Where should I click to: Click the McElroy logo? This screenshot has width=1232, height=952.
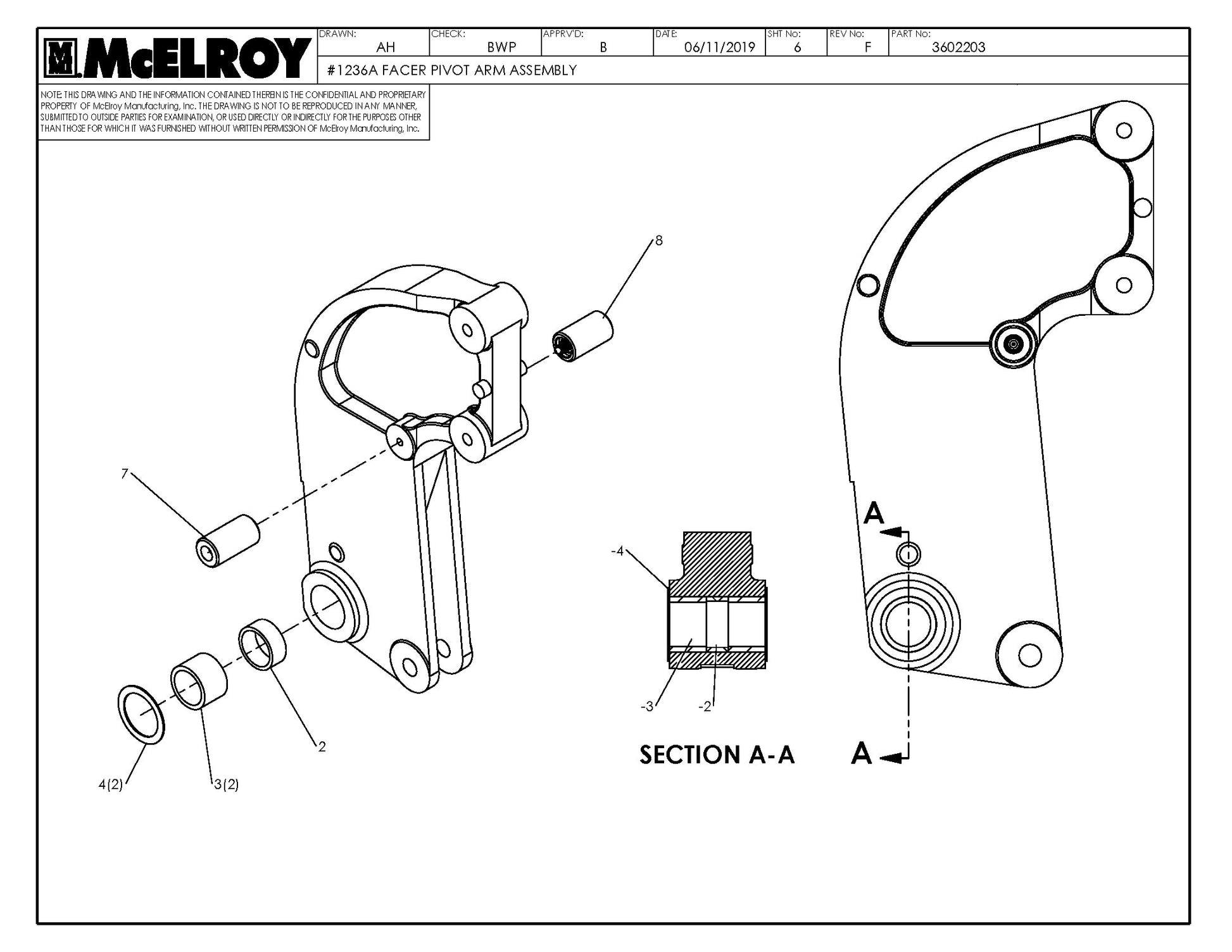(x=177, y=58)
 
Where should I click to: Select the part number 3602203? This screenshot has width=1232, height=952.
(x=958, y=47)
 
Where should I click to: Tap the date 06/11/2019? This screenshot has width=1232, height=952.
(x=719, y=47)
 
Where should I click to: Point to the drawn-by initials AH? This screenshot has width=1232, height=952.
(x=386, y=47)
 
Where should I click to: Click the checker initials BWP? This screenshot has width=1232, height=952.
(x=501, y=47)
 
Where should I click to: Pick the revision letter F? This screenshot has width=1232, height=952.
(x=867, y=47)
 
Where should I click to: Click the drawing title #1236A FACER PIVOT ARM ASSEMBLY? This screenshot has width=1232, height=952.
(x=451, y=70)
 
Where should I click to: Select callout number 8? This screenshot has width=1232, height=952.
(x=658, y=241)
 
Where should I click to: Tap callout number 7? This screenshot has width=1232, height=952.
(x=125, y=473)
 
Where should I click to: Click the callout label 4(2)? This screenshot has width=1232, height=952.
(x=110, y=785)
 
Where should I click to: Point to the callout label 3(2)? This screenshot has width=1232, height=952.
(x=226, y=785)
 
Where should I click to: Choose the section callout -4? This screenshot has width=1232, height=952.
(x=617, y=551)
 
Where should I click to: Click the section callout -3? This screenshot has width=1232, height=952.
(x=646, y=706)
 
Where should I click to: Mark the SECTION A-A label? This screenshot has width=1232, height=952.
(x=716, y=755)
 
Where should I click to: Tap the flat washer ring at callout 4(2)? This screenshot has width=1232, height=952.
(x=141, y=714)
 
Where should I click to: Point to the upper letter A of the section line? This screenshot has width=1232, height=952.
(x=874, y=513)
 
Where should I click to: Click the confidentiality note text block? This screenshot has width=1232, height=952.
(x=232, y=111)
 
